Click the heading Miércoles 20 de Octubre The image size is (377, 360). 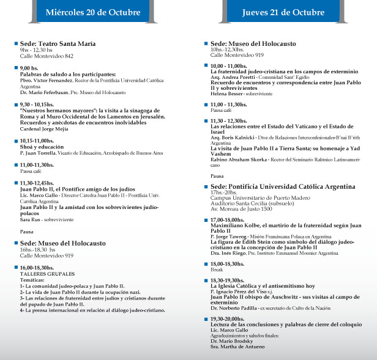89,13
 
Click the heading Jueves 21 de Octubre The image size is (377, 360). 283,13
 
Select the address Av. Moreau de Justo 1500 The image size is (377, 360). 241,209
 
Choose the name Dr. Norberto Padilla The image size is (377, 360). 234,308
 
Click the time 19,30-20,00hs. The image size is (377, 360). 228,318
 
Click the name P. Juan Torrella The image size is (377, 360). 40,152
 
